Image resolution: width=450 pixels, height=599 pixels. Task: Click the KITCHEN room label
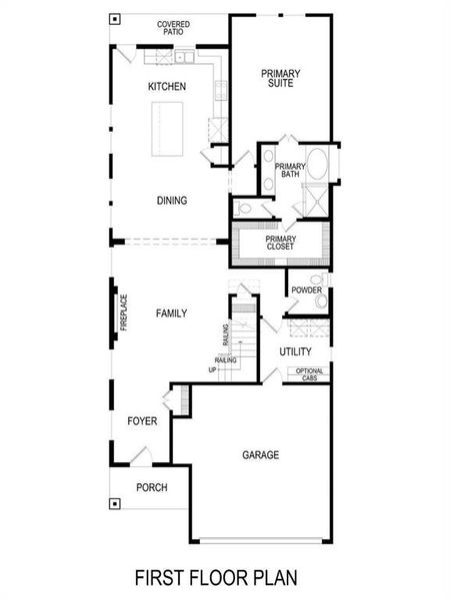[x=167, y=87]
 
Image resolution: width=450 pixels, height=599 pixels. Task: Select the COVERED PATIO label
[x=174, y=27]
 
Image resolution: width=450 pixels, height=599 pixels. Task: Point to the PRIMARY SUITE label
[x=281, y=78]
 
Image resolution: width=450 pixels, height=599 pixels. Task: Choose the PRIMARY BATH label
[x=290, y=171]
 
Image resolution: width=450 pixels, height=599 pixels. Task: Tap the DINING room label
[x=172, y=201]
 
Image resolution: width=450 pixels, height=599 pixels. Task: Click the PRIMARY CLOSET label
[x=280, y=244]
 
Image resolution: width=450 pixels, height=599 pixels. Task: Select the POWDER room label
[x=306, y=291]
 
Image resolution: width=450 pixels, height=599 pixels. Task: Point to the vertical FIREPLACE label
[x=124, y=312]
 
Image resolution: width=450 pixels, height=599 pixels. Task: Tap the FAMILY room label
[x=171, y=313]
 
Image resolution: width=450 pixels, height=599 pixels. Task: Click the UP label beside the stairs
[x=212, y=370]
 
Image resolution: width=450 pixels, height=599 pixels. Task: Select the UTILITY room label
[x=295, y=352]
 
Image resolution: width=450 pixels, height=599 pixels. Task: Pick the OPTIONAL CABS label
[x=309, y=374]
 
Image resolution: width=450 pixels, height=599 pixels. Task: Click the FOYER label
[x=142, y=422]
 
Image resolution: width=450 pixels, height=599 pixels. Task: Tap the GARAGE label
[x=260, y=455]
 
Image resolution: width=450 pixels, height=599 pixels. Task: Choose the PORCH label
[x=151, y=487]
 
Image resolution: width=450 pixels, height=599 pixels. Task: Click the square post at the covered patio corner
[x=116, y=19]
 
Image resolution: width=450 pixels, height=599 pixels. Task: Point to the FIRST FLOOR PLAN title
[x=216, y=578]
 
